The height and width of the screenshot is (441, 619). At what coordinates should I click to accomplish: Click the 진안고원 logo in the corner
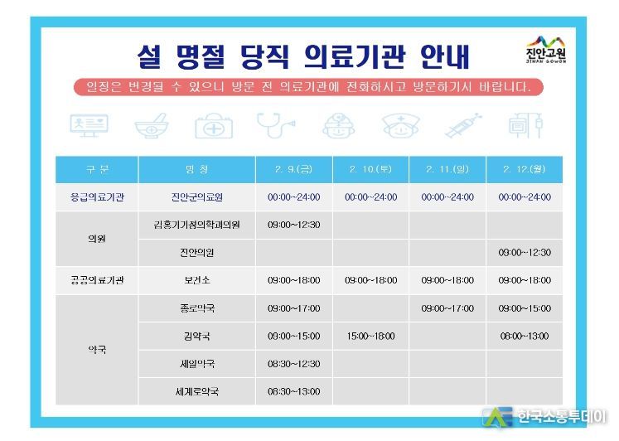tap(546, 50)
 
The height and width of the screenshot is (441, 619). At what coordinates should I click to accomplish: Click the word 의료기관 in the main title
tap(355, 56)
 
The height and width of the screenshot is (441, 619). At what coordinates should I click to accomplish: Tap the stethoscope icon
tap(275, 125)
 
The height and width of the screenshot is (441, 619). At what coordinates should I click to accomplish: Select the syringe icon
tap(463, 125)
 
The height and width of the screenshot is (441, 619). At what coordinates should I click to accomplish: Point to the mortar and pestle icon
tap(152, 125)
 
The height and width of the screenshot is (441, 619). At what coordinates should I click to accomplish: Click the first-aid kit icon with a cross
tap(214, 125)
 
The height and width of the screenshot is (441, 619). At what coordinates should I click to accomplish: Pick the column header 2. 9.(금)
tap(293, 169)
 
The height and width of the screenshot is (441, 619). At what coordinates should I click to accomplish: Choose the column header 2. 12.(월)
tap(525, 169)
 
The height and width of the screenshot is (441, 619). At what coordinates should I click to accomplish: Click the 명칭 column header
tap(196, 169)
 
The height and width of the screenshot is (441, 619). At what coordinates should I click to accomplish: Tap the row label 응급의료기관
tap(97, 197)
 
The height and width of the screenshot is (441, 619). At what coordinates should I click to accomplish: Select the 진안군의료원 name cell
tap(196, 197)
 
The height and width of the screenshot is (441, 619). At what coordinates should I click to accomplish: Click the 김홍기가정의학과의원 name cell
tap(196, 225)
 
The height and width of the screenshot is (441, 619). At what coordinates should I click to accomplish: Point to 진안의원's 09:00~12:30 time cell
tap(525, 252)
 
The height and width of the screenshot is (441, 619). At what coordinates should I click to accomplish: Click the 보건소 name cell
tap(196, 280)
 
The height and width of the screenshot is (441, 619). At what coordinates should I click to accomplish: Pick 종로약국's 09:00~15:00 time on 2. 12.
tap(525, 308)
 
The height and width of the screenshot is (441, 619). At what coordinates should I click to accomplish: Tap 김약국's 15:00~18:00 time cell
tap(370, 336)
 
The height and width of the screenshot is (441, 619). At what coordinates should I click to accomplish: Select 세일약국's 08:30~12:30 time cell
tap(293, 364)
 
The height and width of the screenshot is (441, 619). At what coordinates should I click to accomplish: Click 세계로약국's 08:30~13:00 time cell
tap(293, 391)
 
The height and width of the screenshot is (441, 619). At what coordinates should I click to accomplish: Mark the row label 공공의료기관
tap(97, 280)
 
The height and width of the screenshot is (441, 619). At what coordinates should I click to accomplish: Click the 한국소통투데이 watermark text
tap(561, 416)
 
